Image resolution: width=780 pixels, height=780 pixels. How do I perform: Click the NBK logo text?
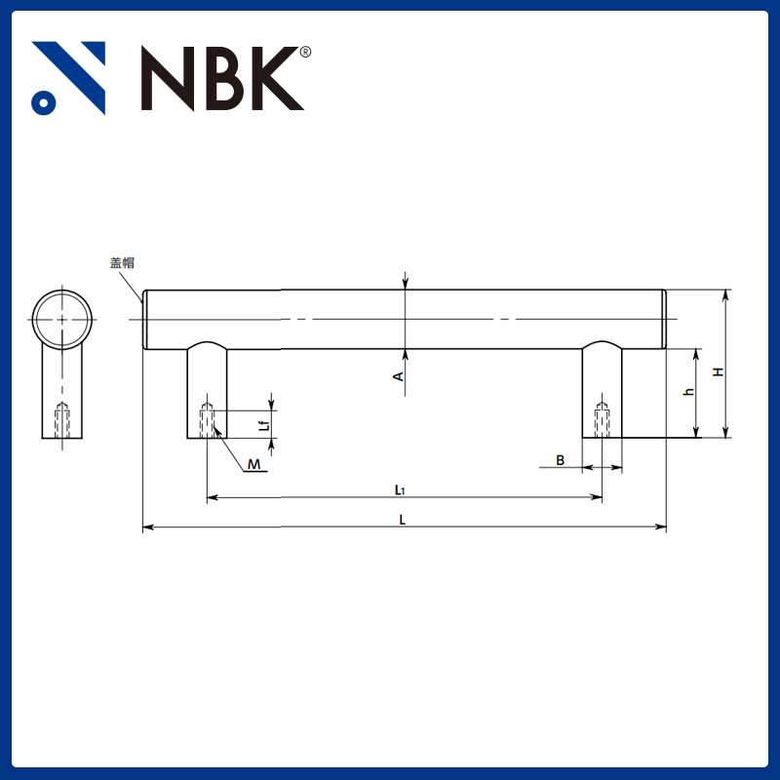(222, 78)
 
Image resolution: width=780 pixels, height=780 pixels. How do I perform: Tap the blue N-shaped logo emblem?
(68, 78)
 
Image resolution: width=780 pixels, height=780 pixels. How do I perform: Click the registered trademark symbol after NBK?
(305, 52)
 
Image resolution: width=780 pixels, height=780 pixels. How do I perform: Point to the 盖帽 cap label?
(122, 262)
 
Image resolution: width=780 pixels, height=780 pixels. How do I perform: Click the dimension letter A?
(398, 376)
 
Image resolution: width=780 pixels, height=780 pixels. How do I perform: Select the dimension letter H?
(717, 371)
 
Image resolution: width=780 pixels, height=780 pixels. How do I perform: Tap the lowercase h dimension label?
(687, 392)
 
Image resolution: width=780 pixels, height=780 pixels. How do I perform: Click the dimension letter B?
(560, 459)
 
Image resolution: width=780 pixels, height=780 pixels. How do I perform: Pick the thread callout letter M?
(253, 465)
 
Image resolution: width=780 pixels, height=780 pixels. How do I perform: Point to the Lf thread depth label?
(263, 425)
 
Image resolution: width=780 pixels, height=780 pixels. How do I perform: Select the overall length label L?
(403, 519)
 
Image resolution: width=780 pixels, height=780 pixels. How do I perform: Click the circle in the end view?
(62, 320)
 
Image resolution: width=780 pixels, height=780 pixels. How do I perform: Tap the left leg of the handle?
(207, 390)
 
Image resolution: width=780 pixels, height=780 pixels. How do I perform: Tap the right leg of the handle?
(602, 390)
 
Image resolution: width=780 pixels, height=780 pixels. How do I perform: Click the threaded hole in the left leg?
(207, 420)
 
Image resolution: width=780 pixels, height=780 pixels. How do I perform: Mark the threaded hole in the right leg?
(602, 420)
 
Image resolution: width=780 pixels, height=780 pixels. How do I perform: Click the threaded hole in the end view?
(62, 420)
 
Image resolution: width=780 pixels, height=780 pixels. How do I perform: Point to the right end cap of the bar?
(663, 320)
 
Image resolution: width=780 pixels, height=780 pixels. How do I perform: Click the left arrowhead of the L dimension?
(147, 528)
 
